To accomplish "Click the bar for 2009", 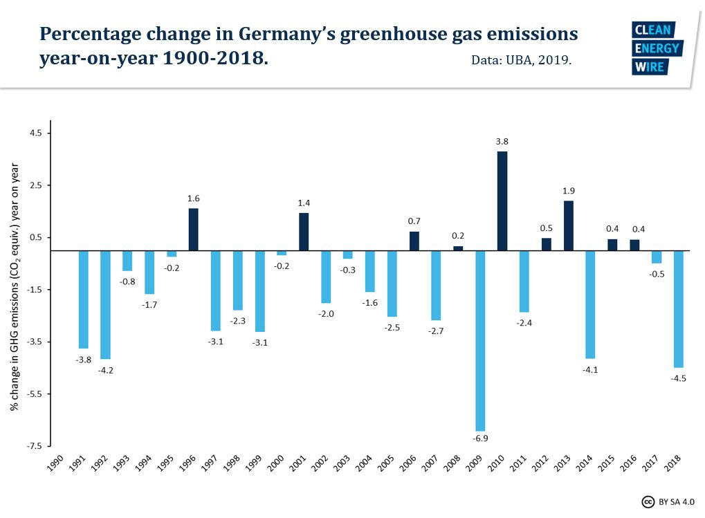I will pyautogui.click(x=480, y=340).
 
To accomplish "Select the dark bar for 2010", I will pyautogui.click(x=502, y=201).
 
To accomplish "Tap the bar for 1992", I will pyautogui.click(x=106, y=304).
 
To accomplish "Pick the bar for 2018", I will pyautogui.click(x=679, y=308).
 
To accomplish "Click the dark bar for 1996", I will pyautogui.click(x=193, y=230).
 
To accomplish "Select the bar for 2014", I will pyautogui.click(x=590, y=304).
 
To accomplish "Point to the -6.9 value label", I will pyautogui.click(x=480, y=438).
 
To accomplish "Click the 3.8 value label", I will pyautogui.click(x=502, y=142).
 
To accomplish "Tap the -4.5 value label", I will pyautogui.click(x=679, y=377).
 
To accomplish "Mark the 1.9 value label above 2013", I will pyautogui.click(x=568, y=191).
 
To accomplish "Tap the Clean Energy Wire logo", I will pyautogui.click(x=657, y=48).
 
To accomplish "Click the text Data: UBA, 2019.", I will pyautogui.click(x=521, y=60).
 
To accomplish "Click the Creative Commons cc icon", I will pyautogui.click(x=648, y=502).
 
